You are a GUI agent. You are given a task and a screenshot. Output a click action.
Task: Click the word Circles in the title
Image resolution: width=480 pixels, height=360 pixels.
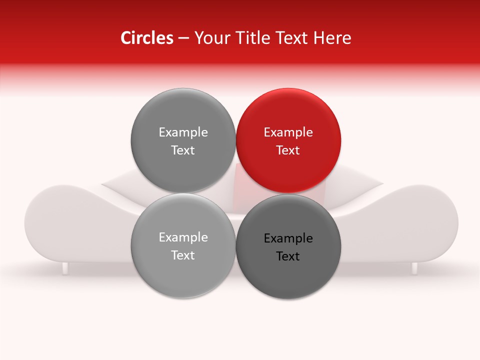click(147, 38)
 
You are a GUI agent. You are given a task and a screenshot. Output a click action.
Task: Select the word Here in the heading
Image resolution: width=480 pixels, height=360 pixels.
click(333, 38)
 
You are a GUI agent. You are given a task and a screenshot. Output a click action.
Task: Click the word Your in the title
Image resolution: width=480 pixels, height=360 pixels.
click(210, 38)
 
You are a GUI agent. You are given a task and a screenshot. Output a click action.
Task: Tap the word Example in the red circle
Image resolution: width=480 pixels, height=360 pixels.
click(288, 132)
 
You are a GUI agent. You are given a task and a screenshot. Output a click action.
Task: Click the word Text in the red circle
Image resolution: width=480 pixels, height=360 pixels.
click(288, 150)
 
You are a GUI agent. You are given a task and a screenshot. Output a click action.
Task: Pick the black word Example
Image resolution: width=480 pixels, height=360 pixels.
click(288, 238)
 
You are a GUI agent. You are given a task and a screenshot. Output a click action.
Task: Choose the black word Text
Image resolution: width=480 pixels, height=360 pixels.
click(288, 256)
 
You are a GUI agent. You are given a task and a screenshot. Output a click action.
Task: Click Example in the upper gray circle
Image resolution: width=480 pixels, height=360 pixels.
click(183, 132)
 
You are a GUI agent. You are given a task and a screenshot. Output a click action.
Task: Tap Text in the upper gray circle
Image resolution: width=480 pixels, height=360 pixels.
click(183, 150)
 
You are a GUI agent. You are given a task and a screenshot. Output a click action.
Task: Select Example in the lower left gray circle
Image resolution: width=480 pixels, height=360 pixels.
click(183, 237)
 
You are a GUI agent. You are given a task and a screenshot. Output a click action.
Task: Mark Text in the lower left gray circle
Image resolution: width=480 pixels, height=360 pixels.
click(183, 255)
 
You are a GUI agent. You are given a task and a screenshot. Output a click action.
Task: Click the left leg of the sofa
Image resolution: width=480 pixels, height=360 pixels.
click(65, 268)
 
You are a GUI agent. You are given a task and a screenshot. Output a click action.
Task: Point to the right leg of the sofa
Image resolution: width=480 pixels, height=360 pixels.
click(414, 268)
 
